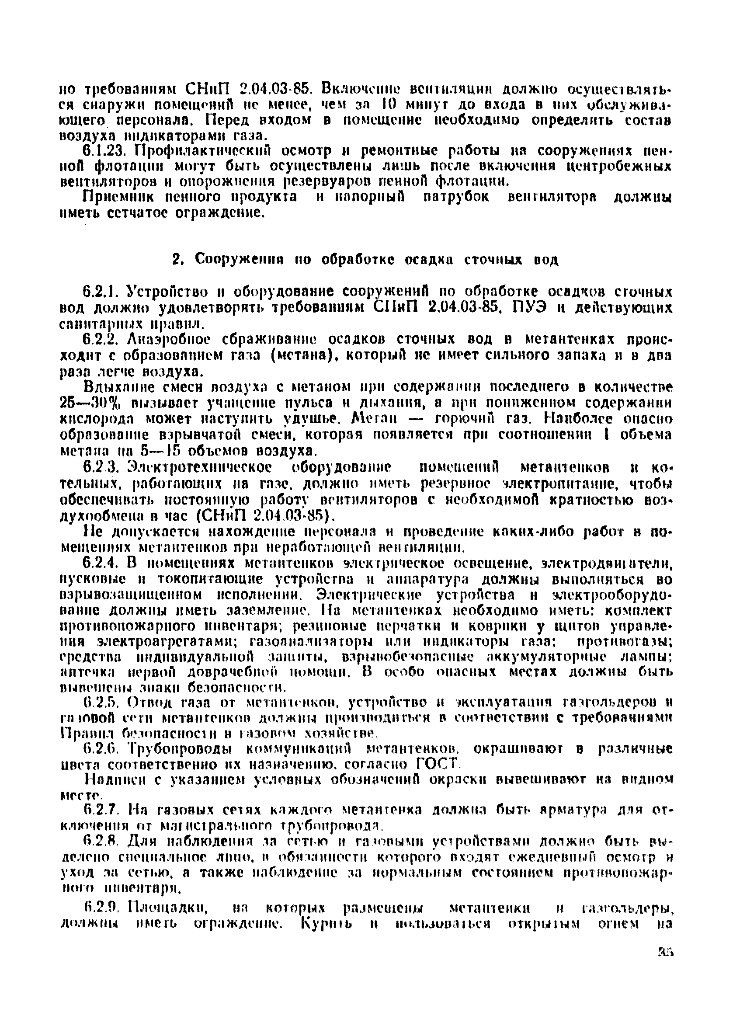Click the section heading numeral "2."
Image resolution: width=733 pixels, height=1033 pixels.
pyautogui.click(x=177, y=260)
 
